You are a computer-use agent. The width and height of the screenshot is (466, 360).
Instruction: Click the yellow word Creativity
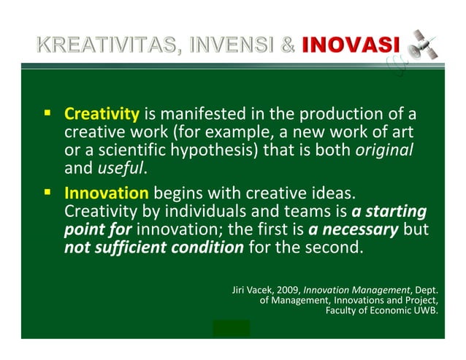pos(102,114)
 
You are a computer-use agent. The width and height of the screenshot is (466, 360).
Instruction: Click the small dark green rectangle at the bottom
pos(231,329)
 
